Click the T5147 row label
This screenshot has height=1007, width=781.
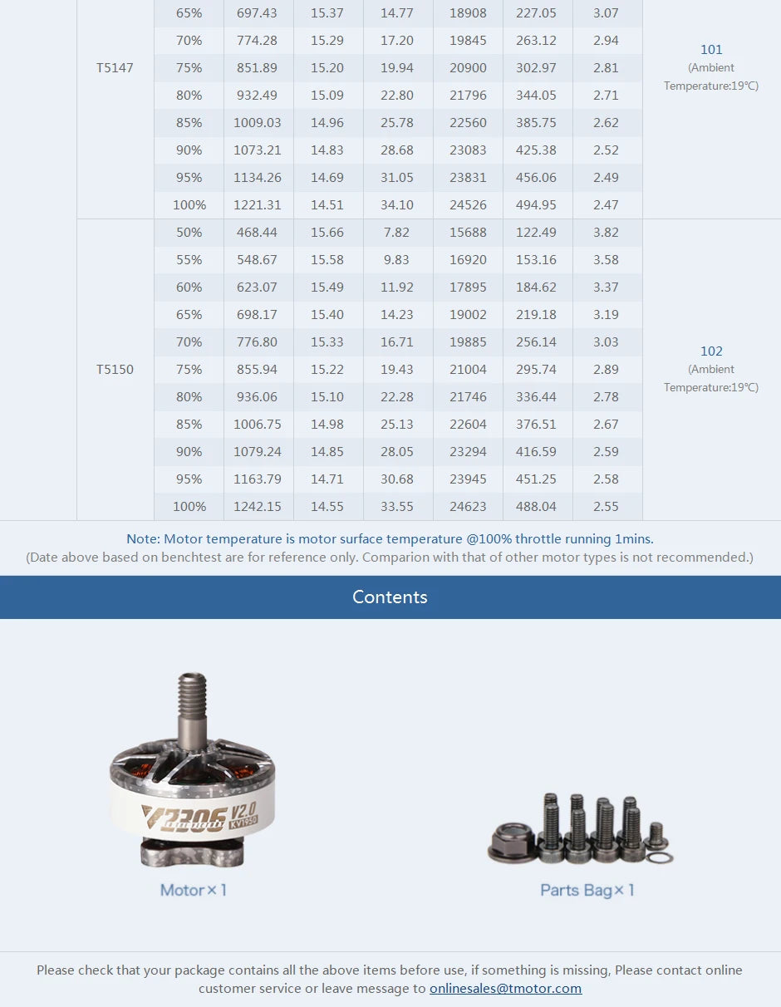(x=115, y=68)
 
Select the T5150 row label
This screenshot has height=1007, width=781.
(x=115, y=370)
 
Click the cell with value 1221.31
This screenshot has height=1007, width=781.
(x=258, y=205)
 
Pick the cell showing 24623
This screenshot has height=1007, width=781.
(x=468, y=507)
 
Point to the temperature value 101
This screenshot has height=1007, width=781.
(x=711, y=50)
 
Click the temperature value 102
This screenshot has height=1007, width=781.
(x=711, y=351)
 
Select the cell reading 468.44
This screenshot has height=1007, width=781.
(x=257, y=233)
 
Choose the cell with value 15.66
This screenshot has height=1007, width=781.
(x=327, y=233)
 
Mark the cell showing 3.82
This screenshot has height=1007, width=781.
(x=606, y=233)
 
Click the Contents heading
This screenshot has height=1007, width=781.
(x=390, y=597)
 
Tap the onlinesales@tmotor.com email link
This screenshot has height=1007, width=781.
(x=505, y=989)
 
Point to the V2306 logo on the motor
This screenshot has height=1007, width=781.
(x=183, y=818)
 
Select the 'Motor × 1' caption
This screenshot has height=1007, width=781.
(x=194, y=891)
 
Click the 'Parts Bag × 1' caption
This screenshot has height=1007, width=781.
(x=587, y=891)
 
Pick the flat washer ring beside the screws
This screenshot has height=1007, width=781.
(x=659, y=857)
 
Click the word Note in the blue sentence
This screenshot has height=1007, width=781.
(x=142, y=539)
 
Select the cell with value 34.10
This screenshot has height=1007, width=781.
(x=397, y=205)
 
